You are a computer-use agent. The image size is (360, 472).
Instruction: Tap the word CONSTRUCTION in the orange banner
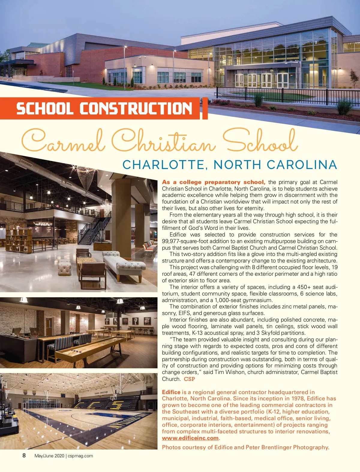pyautogui.click(x=136, y=108)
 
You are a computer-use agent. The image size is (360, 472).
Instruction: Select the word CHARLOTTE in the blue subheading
pyautogui.click(x=163, y=165)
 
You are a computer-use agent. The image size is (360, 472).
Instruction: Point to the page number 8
pyautogui.click(x=24, y=456)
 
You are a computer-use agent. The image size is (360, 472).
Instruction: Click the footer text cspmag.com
pyautogui.click(x=80, y=456)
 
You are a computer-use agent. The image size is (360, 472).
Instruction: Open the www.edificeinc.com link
pyautogui.click(x=190, y=438)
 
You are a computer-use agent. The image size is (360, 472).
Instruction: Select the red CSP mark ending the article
pyautogui.click(x=189, y=379)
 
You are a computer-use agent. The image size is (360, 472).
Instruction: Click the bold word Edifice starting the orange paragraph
pyautogui.click(x=171, y=392)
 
